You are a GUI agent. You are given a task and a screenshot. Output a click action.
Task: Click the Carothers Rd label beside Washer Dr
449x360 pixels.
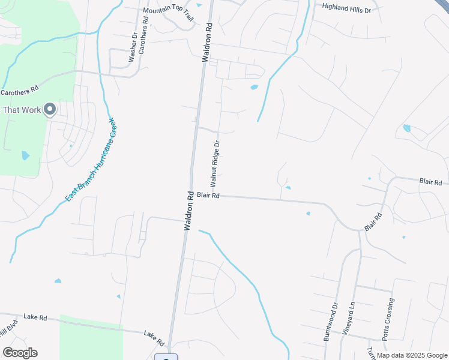pyautogui.click(x=142, y=41)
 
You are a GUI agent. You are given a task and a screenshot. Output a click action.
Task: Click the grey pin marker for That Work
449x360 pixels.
pyautogui.click(x=50, y=109)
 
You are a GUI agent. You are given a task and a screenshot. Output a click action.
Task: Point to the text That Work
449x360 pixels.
pyautogui.click(x=22, y=110)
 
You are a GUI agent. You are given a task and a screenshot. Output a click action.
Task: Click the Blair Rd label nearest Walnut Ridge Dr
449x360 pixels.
pyautogui.click(x=208, y=196)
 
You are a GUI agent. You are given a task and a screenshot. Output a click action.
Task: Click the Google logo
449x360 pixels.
pyautogui.click(x=20, y=353)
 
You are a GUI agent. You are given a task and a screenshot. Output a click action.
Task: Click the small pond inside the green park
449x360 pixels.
pyautogui.click(x=25, y=155)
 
